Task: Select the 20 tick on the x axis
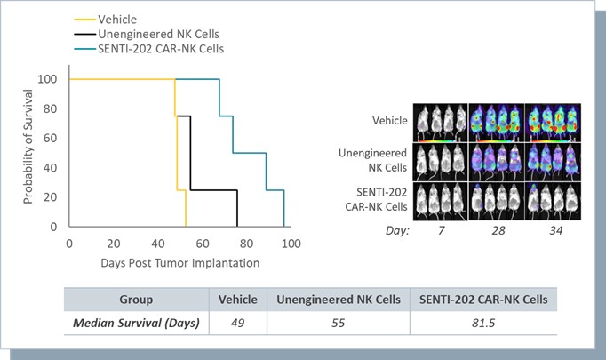pos(114,243)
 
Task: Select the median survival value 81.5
pos(488,322)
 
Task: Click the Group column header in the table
pos(136,300)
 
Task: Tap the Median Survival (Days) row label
pos(136,322)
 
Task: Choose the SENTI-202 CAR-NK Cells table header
pos(488,300)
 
